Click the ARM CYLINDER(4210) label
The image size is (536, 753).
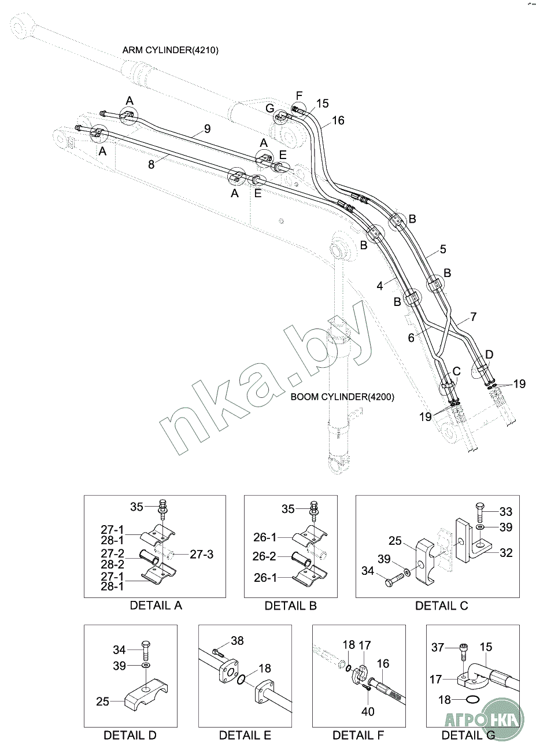pyautogui.click(x=170, y=50)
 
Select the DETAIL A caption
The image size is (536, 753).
pyautogui.click(x=156, y=606)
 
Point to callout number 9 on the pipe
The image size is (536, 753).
pyautogui.click(x=207, y=128)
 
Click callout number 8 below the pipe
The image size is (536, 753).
pyautogui.click(x=151, y=164)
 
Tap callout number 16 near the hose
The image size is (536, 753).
pyautogui.click(x=338, y=120)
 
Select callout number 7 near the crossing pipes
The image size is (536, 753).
pyautogui.click(x=473, y=316)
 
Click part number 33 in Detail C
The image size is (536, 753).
pyautogui.click(x=505, y=512)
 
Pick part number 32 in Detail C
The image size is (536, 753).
pyautogui.click(x=505, y=553)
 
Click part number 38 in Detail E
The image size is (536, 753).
pyautogui.click(x=237, y=641)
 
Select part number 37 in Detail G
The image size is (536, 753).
pyautogui.click(x=438, y=647)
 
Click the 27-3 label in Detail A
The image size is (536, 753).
pyautogui.click(x=202, y=554)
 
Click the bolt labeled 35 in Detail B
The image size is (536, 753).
pyautogui.click(x=314, y=510)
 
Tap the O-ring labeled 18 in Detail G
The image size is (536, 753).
pyautogui.click(x=471, y=700)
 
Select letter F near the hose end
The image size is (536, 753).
pyautogui.click(x=299, y=95)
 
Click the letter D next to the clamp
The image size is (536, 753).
pyautogui.click(x=489, y=354)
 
